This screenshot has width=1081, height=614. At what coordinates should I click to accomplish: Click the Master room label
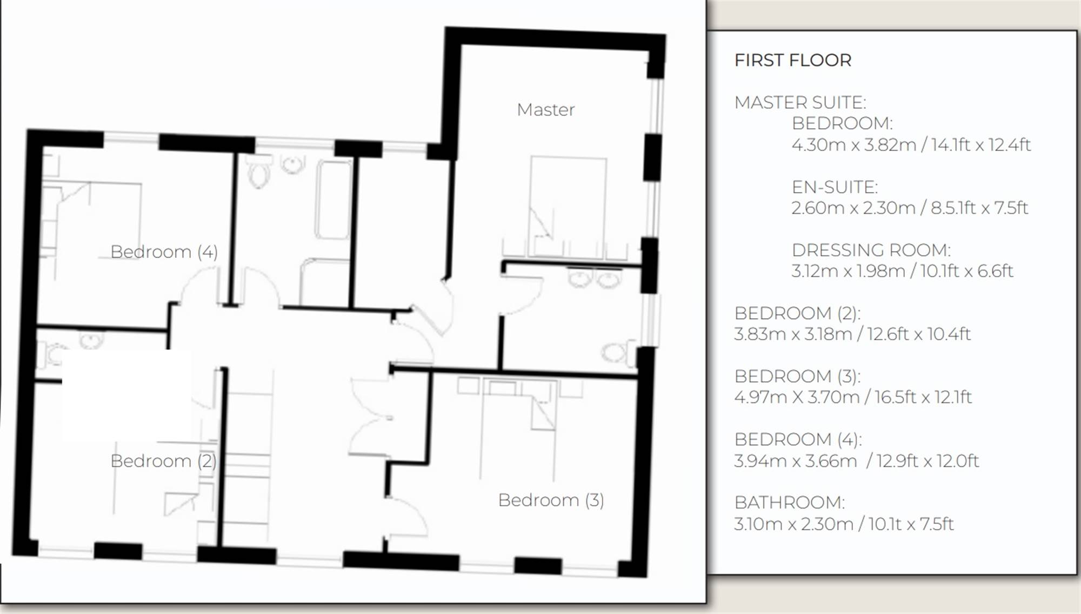tap(545, 110)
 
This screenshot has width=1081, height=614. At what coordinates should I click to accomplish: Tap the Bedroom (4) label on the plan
tap(164, 252)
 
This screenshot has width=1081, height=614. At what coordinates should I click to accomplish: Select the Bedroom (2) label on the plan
tap(163, 461)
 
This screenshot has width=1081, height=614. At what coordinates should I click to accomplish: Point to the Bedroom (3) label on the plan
tap(551, 500)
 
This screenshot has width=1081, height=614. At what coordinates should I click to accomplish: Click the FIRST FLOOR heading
tap(793, 60)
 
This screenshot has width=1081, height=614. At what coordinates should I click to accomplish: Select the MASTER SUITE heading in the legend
tap(800, 102)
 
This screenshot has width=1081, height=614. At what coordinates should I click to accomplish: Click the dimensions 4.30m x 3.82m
tap(853, 144)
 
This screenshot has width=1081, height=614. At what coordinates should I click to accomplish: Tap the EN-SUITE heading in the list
tap(835, 187)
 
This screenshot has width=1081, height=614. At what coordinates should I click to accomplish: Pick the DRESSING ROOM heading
tap(871, 250)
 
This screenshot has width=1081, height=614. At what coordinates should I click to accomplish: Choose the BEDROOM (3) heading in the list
tap(797, 376)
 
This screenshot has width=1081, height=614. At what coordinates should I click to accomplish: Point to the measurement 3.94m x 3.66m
tap(795, 460)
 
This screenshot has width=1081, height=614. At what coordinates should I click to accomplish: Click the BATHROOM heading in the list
tap(789, 503)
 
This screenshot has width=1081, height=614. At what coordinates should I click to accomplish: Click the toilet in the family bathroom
tap(259, 171)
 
